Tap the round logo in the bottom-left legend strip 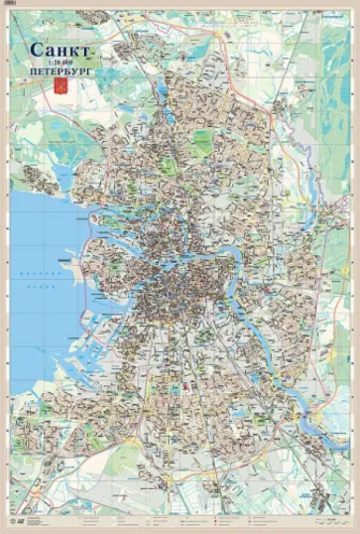coord(22,518)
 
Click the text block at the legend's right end coord(327,517)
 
